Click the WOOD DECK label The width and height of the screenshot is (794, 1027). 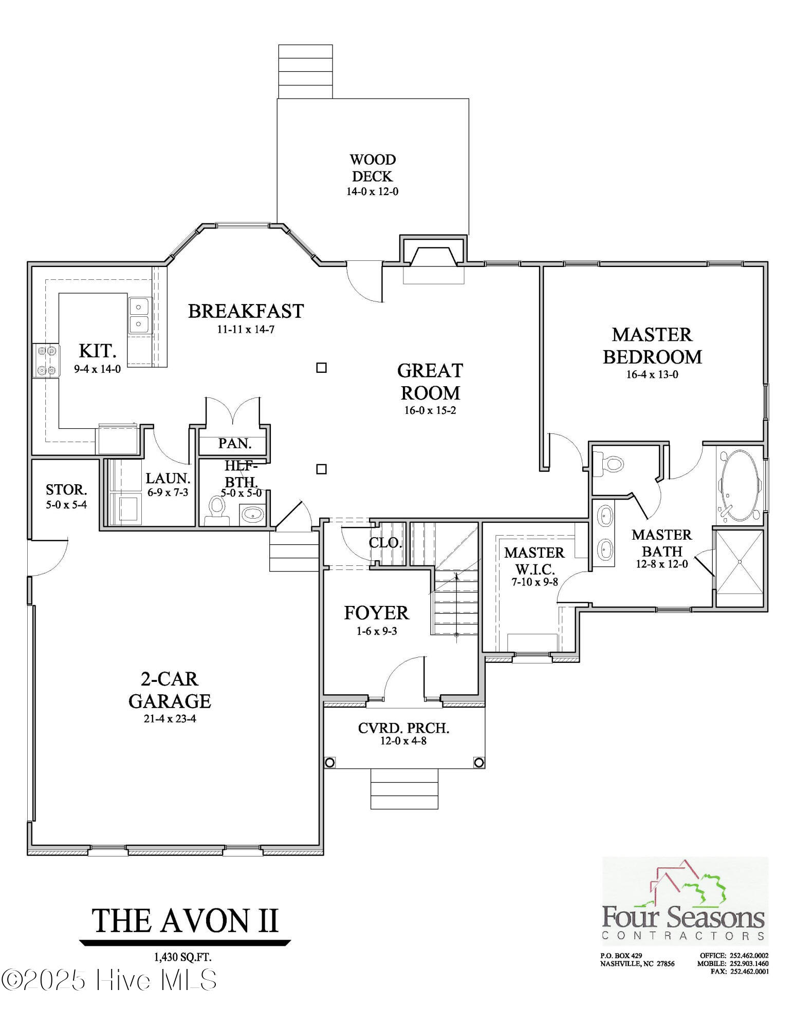click(x=373, y=168)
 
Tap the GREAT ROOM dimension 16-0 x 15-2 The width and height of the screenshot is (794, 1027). click(x=430, y=410)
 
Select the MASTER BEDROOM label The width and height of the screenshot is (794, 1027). click(x=652, y=346)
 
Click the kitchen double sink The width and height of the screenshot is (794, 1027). click(x=138, y=315)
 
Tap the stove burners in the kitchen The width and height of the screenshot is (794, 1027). click(x=46, y=360)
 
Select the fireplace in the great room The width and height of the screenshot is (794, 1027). click(x=433, y=257)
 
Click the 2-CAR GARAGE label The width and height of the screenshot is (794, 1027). click(x=170, y=690)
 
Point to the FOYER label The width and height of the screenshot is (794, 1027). click(x=376, y=613)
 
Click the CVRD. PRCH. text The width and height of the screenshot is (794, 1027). click(x=403, y=728)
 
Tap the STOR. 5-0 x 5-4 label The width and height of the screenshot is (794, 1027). click(x=66, y=496)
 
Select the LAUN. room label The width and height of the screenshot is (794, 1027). click(x=168, y=479)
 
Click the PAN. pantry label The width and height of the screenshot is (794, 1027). click(x=234, y=443)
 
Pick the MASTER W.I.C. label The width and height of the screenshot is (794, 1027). click(x=534, y=561)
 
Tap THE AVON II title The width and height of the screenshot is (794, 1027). click(x=185, y=920)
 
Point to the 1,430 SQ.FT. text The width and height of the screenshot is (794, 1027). click(x=182, y=957)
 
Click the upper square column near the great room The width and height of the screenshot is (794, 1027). click(x=321, y=368)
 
